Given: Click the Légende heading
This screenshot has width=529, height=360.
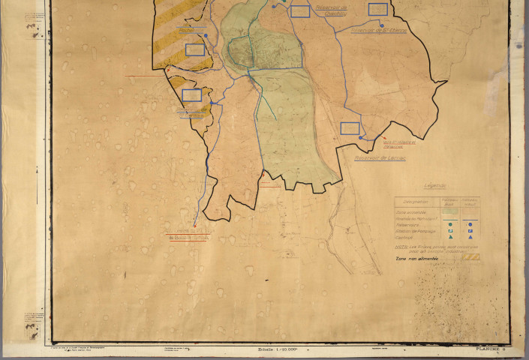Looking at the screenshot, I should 434,186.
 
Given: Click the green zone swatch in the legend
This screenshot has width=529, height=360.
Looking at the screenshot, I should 449,212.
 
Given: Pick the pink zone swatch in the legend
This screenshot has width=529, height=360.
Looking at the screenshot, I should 470,212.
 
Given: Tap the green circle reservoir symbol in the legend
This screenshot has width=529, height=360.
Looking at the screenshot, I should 449,224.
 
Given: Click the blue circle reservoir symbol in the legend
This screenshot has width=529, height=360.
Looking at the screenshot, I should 470,224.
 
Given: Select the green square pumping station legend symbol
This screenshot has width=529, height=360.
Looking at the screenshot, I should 449,231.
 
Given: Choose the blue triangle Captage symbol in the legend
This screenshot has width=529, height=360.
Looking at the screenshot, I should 470,238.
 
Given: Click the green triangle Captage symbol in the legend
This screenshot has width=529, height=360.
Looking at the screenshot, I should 449,238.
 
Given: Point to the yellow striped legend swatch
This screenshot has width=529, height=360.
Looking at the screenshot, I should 470,257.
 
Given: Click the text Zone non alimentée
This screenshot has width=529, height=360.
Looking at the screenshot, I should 416,257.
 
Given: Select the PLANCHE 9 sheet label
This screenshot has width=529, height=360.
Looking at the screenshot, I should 491,349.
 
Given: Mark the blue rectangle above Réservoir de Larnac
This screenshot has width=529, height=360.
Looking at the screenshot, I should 350,128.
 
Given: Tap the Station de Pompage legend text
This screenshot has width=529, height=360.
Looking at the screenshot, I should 412,231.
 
